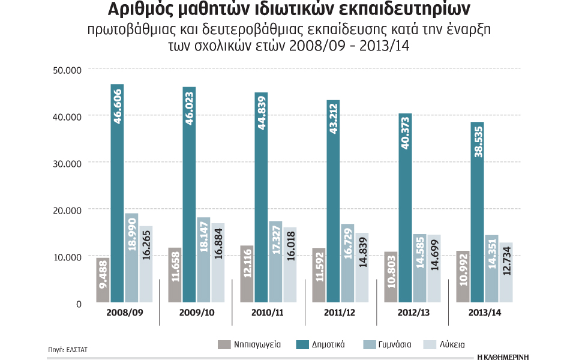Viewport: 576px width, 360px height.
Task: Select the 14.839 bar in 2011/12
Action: click(362, 268)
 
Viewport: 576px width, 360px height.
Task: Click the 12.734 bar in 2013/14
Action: click(506, 272)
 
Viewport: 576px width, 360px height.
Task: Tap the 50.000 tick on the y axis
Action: click(67, 70)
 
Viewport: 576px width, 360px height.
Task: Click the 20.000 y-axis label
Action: click(67, 210)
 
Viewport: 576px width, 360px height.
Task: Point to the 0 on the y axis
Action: click(78, 304)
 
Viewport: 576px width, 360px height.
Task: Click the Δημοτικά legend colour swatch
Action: click(303, 344)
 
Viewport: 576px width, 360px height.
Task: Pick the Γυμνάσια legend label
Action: click(394, 344)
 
